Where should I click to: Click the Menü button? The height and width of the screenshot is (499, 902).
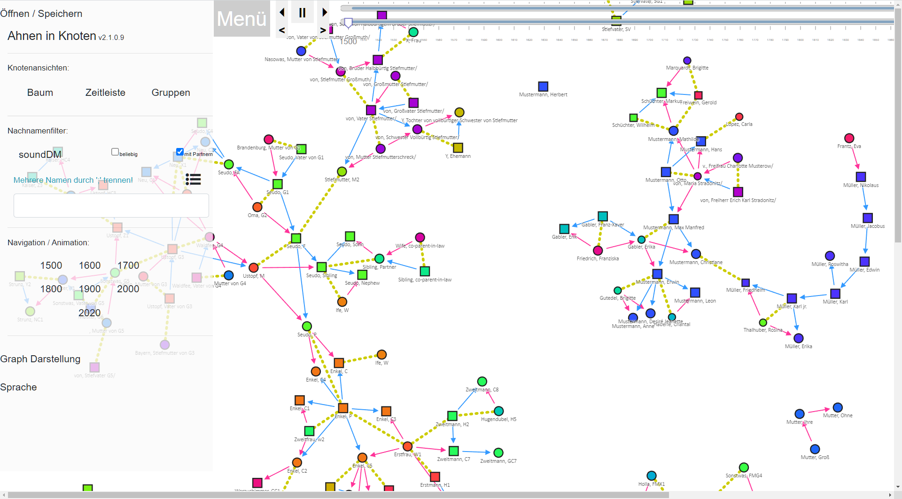tap(241, 19)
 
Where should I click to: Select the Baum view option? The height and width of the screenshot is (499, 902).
tap(40, 93)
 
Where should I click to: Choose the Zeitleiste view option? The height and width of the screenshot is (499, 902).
tap(105, 93)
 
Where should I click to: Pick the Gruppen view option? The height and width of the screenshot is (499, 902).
tap(171, 93)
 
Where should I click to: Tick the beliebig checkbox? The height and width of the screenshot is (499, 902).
tap(115, 152)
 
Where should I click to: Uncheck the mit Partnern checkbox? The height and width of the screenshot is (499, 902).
tap(179, 152)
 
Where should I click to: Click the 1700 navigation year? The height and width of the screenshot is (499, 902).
tap(128, 265)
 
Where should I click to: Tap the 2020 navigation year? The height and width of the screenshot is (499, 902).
tap(89, 312)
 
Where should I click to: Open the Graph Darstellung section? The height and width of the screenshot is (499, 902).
tap(40, 359)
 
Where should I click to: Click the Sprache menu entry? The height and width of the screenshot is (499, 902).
tap(19, 387)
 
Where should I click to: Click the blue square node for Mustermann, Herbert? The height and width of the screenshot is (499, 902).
tap(543, 86)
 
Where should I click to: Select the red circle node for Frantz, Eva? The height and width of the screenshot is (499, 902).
tap(849, 138)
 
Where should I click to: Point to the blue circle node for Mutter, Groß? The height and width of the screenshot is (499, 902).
tap(815, 449)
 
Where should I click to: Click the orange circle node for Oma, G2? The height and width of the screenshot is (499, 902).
tap(257, 207)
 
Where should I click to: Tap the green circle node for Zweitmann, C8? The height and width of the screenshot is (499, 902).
tap(482, 382)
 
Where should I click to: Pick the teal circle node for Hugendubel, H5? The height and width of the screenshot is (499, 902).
tap(499, 411)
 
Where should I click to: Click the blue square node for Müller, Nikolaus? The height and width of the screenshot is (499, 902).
tap(861, 177)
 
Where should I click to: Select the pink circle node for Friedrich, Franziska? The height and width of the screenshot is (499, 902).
tap(598, 250)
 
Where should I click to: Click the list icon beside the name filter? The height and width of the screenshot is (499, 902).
tap(193, 179)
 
